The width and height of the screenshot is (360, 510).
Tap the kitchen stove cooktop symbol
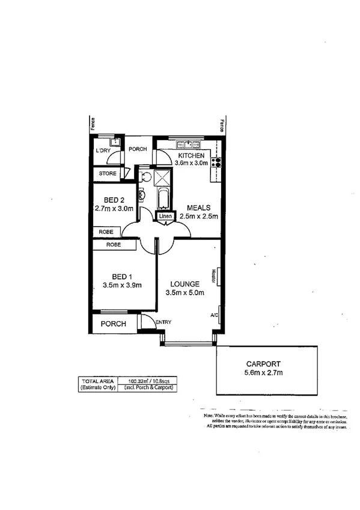218,161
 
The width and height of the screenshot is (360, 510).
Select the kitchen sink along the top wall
188,144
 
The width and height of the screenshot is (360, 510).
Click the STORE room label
108,174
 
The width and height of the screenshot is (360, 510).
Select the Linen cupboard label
166,216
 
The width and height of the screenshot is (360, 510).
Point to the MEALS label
198,207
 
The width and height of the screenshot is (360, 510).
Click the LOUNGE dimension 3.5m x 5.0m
185,293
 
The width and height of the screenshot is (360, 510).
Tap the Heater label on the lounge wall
213,276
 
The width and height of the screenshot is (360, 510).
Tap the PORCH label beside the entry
113,324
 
